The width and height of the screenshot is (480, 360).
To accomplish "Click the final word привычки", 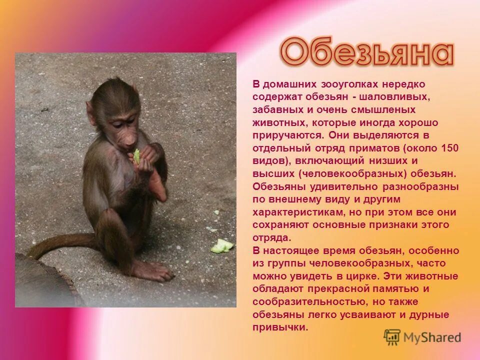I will (279, 327).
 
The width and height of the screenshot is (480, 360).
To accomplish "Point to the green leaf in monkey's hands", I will (136, 156).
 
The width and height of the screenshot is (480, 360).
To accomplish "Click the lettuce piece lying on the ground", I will (221, 245).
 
